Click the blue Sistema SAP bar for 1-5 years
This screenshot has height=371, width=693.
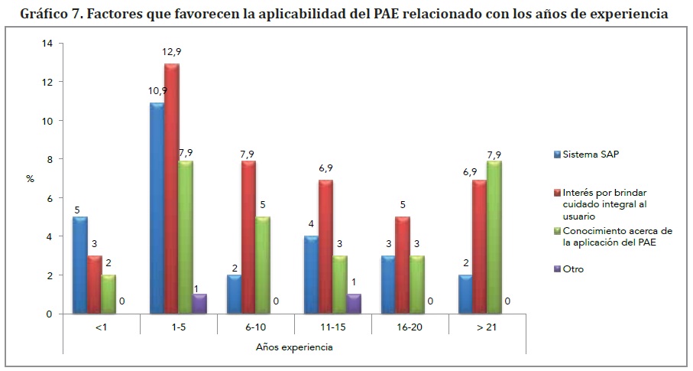click(157, 208)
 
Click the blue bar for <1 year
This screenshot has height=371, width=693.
click(79, 265)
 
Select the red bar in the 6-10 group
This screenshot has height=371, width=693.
click(249, 237)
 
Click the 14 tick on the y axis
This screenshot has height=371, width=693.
click(47, 44)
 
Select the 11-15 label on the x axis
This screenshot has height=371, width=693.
click(333, 325)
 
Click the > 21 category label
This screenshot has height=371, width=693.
click(487, 325)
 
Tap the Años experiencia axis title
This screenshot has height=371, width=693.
click(294, 347)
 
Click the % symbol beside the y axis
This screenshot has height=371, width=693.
click(31, 178)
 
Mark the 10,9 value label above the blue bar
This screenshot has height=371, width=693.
click(157, 91)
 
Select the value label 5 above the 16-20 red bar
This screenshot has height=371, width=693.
click(403, 205)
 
